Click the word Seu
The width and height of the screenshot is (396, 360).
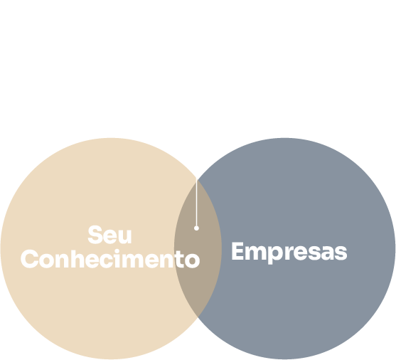coord(109,235)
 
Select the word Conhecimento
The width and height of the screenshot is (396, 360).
coord(110,259)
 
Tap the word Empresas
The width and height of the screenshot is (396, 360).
coord(289,252)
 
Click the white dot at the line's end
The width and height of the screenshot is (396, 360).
coord(196,228)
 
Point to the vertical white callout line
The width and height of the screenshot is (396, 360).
coord(196,202)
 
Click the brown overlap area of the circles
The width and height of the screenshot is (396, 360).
coord(198,249)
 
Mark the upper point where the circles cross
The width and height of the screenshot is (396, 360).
coord(198,180)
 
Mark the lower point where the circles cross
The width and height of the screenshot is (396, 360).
coord(198,317)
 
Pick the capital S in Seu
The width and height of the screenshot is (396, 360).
coord(95,235)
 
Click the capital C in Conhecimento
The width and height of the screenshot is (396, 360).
coord(30,259)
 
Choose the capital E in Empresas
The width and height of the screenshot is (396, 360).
coord(237,250)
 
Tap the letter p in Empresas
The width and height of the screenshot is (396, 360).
coord(274,255)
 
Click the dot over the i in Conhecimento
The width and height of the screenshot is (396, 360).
coord(117,251)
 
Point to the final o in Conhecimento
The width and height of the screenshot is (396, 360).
coord(193,260)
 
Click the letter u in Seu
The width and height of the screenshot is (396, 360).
coord(125,236)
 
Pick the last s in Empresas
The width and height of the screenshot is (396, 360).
coord(341,253)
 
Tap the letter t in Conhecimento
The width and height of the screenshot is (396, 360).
coord(180,259)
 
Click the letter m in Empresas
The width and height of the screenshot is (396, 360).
coord(255,253)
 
